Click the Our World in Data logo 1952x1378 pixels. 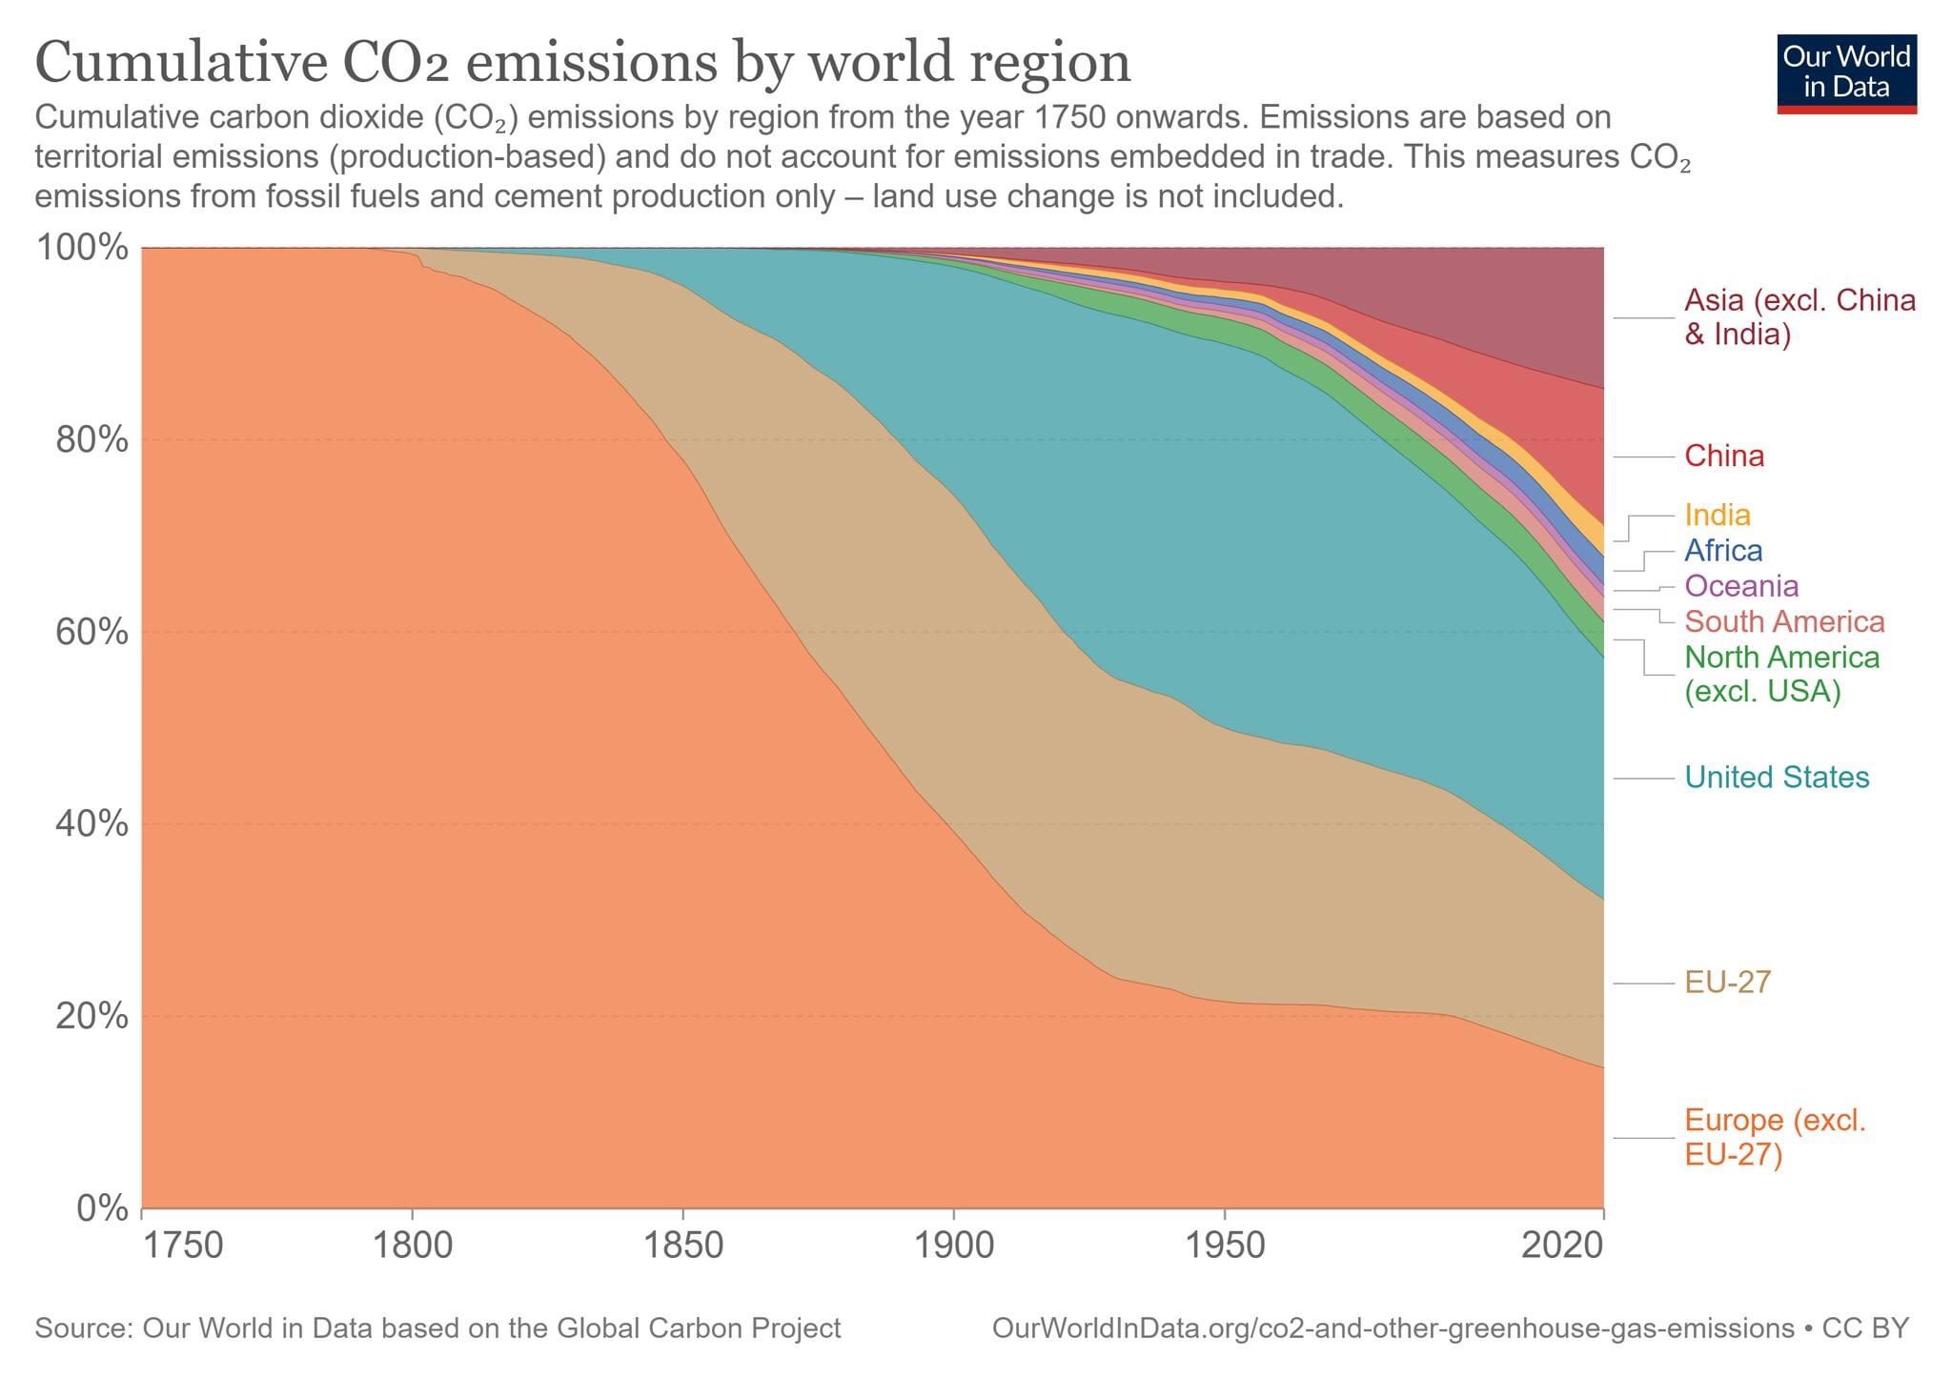tap(1846, 74)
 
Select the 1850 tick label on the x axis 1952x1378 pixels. tap(682, 1245)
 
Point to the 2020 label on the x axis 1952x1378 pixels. tap(1561, 1245)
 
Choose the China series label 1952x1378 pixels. tap(1724, 456)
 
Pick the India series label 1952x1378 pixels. tap(1718, 516)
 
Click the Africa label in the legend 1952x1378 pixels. tap(1723, 551)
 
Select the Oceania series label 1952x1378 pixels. tap(1741, 586)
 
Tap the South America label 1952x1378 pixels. tap(1784, 622)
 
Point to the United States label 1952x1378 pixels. tap(1777, 778)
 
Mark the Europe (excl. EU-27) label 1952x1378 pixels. tap(1775, 1137)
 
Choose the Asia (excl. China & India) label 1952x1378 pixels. tap(1799, 317)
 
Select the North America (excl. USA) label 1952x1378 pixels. tap(1781, 674)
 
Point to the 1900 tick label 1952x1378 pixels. tap(953, 1245)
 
